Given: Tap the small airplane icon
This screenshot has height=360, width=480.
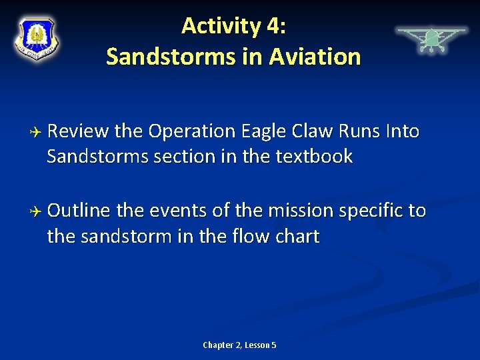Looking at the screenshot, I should [431, 39].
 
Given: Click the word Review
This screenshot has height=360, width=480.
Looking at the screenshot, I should [78, 132].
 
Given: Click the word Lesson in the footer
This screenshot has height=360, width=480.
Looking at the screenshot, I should [257, 345].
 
